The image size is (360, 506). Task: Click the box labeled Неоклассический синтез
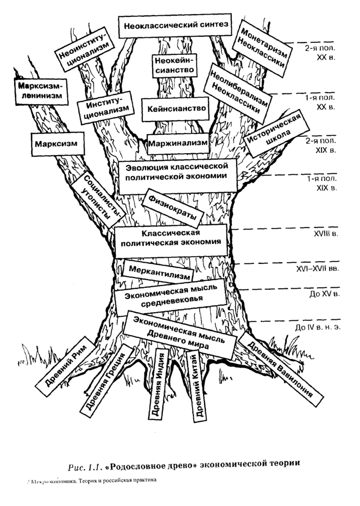(175, 26)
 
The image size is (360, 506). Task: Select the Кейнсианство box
(174, 109)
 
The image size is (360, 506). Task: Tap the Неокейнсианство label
(174, 65)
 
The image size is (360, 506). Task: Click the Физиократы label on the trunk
(169, 205)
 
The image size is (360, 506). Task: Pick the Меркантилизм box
(158, 270)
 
